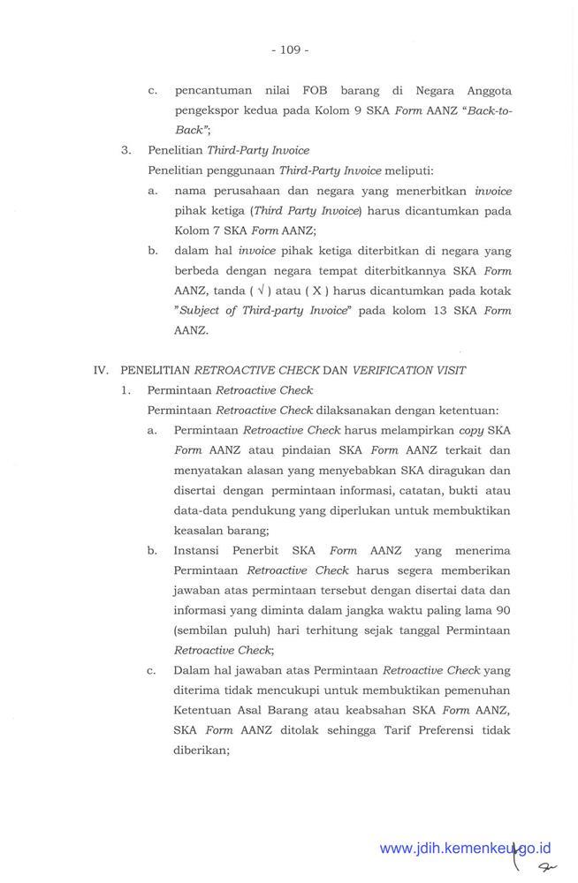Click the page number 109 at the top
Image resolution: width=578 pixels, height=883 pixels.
coord(290,49)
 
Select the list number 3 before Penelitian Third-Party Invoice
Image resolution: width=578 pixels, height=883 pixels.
coord(126,150)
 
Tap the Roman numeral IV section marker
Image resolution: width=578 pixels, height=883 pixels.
coord(103,371)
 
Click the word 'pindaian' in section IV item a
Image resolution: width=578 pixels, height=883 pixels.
coord(285,450)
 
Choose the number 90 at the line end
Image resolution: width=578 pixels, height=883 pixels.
coord(502,610)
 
